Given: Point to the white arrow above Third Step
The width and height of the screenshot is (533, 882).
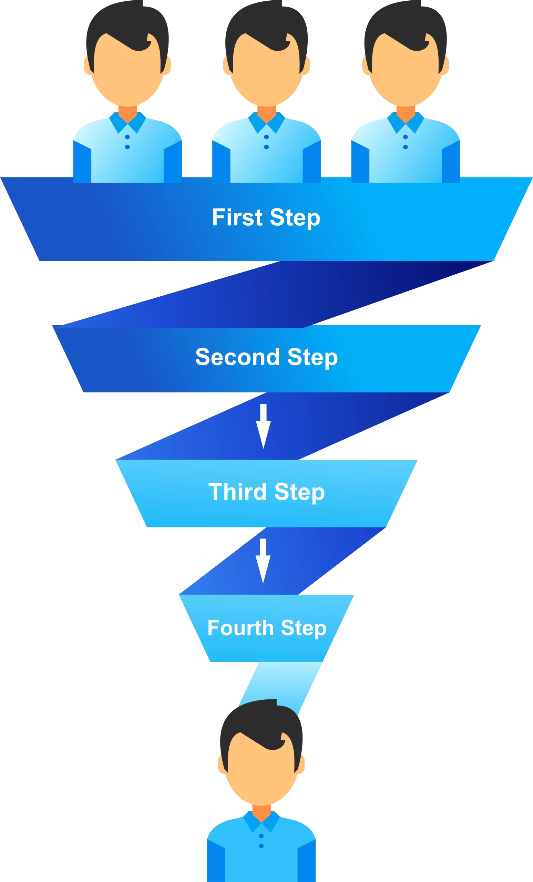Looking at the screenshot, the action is (263, 426).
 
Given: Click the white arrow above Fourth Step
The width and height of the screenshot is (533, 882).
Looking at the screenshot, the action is (263, 561).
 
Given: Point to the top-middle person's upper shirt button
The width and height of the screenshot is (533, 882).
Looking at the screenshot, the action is (266, 137).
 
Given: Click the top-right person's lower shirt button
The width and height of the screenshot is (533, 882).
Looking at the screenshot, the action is (406, 147).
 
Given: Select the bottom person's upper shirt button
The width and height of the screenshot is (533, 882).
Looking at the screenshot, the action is (261, 836).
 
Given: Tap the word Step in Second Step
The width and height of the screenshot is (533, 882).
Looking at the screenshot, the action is (312, 358).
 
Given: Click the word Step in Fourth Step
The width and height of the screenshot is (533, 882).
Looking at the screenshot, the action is (304, 628).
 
